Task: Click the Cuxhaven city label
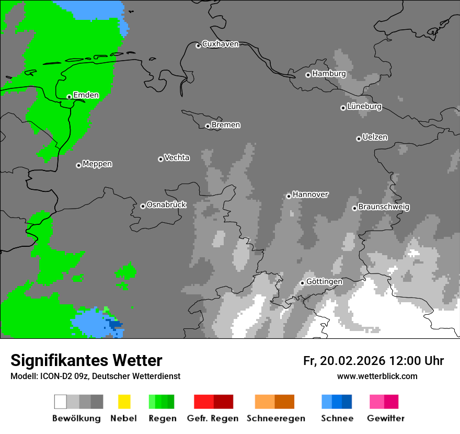coord(220,44)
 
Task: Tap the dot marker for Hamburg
coord(308,75)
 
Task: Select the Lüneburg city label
coord(364,107)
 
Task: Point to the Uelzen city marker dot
coord(359,139)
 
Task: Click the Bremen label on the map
coord(226,125)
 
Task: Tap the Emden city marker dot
coord(69,97)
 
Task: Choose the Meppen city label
coord(97,164)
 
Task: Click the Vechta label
coord(177,157)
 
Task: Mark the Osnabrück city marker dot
coord(143,206)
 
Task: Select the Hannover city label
coord(310,195)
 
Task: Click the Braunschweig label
coord(384,207)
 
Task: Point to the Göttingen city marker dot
coord(302,283)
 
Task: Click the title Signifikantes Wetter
coord(86,360)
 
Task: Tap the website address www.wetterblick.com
coord(377,376)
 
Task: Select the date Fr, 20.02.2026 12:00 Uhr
coord(373,361)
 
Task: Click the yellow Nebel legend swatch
coord(124,402)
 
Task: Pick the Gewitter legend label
coord(386,418)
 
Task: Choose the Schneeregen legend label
coord(275,418)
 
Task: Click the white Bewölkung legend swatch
coord(61,402)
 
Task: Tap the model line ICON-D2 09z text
coord(95,376)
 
